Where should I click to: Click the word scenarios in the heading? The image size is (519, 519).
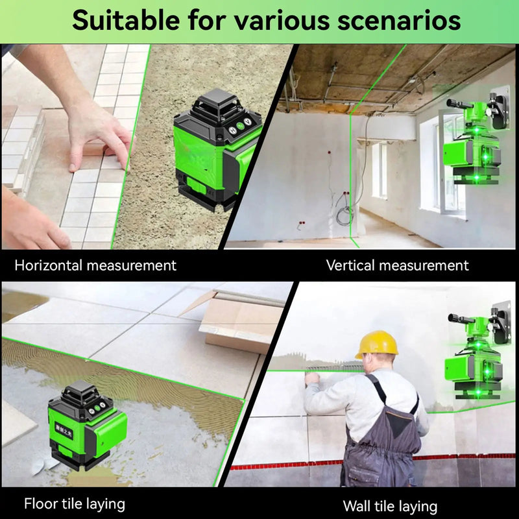[x=398, y=21]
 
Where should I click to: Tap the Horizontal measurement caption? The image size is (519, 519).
[x=95, y=265]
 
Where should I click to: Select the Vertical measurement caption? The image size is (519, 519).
[x=397, y=265]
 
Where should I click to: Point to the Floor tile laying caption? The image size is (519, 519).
[x=75, y=503]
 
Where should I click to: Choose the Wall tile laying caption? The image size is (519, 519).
[x=390, y=506]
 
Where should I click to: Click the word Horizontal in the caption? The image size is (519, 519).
[x=49, y=265]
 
